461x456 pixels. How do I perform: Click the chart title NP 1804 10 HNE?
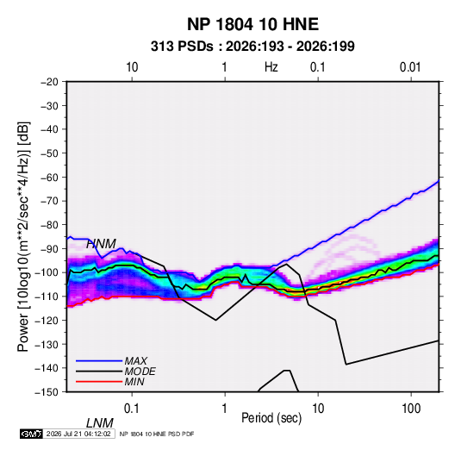pyautogui.click(x=252, y=24)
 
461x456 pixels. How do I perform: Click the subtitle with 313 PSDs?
pyautogui.click(x=252, y=47)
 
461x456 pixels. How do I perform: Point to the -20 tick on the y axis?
pyautogui.click(x=49, y=82)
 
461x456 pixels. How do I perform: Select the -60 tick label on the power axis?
pyautogui.click(x=49, y=177)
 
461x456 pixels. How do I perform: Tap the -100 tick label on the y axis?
pyautogui.click(x=47, y=272)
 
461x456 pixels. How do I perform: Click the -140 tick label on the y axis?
pyautogui.click(x=47, y=368)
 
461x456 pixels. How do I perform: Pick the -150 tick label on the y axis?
pyautogui.click(x=47, y=392)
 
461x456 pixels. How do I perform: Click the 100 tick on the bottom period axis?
pyautogui.click(x=411, y=409)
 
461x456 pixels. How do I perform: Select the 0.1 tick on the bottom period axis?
pyautogui.click(x=132, y=409)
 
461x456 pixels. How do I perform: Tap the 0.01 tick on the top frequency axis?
pyautogui.click(x=410, y=67)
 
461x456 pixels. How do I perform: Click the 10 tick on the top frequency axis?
pyautogui.click(x=132, y=67)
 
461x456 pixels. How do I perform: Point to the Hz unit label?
pyautogui.click(x=271, y=67)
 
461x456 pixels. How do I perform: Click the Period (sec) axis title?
pyautogui.click(x=271, y=418)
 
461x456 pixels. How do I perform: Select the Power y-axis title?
pyautogui.click(x=23, y=237)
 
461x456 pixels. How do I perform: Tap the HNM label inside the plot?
pyautogui.click(x=101, y=244)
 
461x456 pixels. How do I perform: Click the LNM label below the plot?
pyautogui.click(x=100, y=423)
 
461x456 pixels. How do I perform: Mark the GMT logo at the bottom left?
pyautogui.click(x=31, y=434)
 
